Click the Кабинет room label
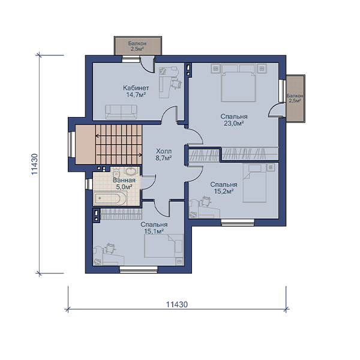click(x=136, y=88)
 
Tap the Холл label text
click(x=164, y=151)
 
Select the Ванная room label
click(x=124, y=180)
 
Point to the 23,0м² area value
click(x=234, y=123)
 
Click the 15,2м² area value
click(x=224, y=191)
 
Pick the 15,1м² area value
click(x=154, y=231)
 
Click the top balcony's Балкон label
click(x=137, y=43)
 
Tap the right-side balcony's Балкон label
click(x=295, y=96)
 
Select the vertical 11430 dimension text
click(x=34, y=164)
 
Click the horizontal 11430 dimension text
click(x=177, y=304)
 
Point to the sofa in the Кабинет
click(x=121, y=112)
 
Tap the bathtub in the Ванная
click(x=110, y=198)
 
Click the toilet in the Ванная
click(x=116, y=171)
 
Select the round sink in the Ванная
click(x=131, y=171)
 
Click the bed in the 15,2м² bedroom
click(x=255, y=184)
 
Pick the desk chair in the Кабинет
click(x=176, y=83)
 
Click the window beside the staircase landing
click(x=72, y=144)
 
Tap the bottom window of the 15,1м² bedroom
click(x=139, y=269)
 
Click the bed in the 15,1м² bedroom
click(x=164, y=245)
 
